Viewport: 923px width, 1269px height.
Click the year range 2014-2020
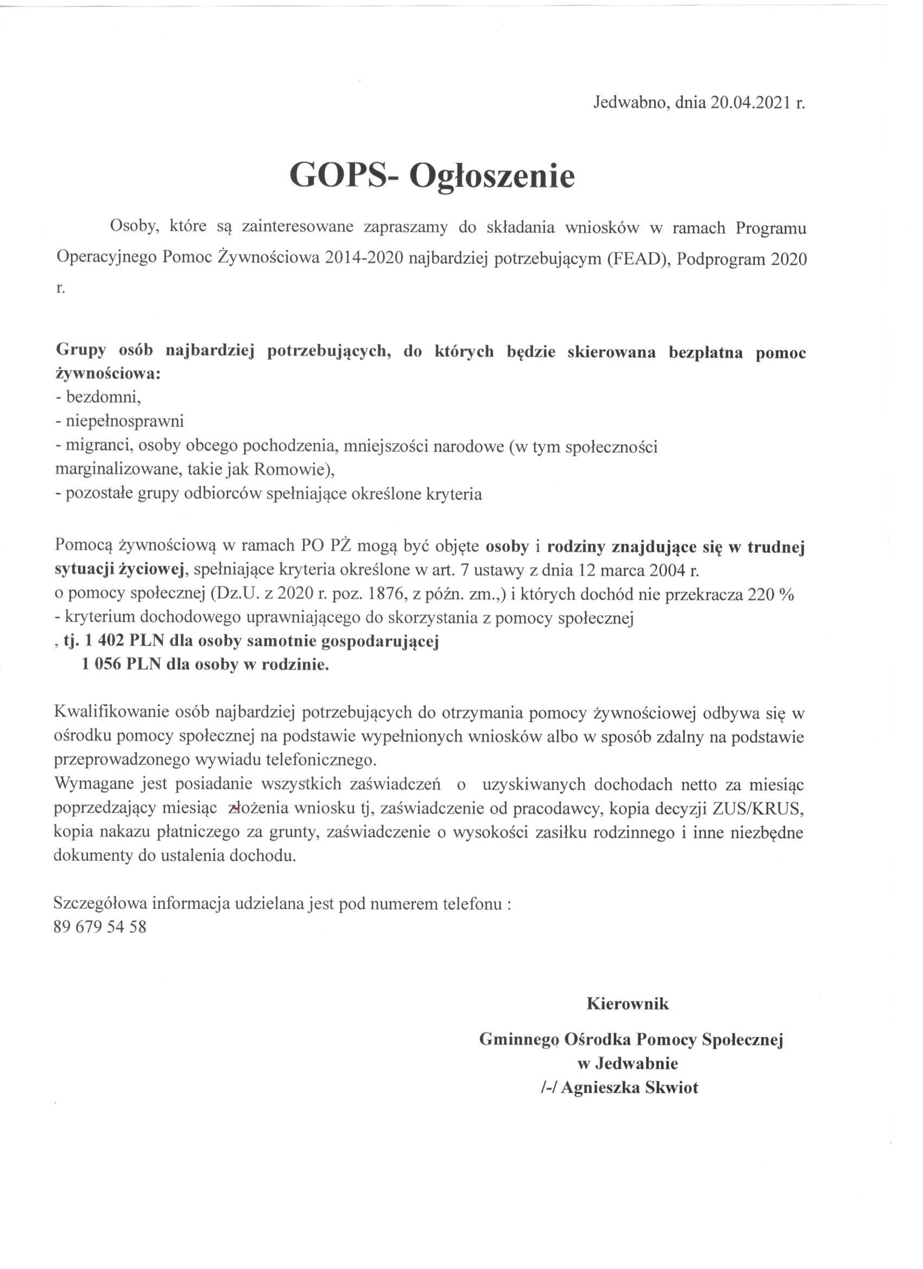tap(364, 258)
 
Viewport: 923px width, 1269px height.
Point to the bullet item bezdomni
tap(103, 397)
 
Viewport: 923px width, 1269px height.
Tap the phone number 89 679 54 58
tap(100, 927)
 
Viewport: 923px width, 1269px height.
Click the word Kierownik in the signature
tap(628, 1003)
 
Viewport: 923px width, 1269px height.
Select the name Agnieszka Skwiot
tap(630, 1088)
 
